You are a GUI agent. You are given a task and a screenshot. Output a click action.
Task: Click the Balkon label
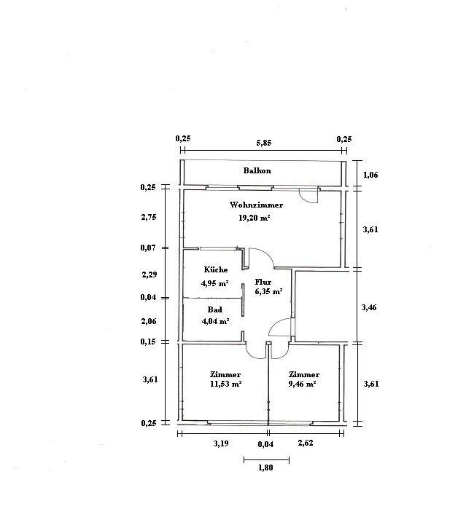point(257,170)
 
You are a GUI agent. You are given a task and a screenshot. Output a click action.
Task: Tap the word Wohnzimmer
point(256,205)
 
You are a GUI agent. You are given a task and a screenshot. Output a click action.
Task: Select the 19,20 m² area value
point(255,218)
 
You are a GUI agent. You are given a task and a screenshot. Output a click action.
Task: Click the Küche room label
point(216,269)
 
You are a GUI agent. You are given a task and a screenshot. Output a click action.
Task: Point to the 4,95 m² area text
point(215,283)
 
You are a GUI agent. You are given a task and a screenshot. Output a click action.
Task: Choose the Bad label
point(215,309)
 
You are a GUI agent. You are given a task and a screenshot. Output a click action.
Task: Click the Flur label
point(263,282)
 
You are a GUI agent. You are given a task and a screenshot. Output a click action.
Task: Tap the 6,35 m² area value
point(268,291)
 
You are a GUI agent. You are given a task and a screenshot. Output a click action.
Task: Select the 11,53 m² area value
point(225,384)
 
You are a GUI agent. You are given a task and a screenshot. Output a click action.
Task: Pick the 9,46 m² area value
point(302,384)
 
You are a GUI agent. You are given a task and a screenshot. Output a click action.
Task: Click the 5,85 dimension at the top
point(264,143)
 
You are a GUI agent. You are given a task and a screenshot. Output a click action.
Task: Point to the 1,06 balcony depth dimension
point(370,175)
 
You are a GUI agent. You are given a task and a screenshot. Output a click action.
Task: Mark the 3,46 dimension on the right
point(369,307)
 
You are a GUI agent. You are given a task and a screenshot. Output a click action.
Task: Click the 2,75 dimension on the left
point(149,217)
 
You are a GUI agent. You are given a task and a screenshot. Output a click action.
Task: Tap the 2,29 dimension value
point(149,275)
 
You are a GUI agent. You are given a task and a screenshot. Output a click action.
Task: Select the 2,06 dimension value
point(149,321)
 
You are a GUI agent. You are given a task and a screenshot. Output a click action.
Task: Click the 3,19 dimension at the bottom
point(221,443)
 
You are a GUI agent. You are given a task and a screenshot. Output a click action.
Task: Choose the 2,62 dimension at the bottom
point(306,443)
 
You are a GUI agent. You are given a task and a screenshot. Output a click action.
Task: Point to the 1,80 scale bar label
point(265,467)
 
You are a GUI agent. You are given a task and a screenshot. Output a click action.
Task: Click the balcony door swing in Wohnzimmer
point(305,200)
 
